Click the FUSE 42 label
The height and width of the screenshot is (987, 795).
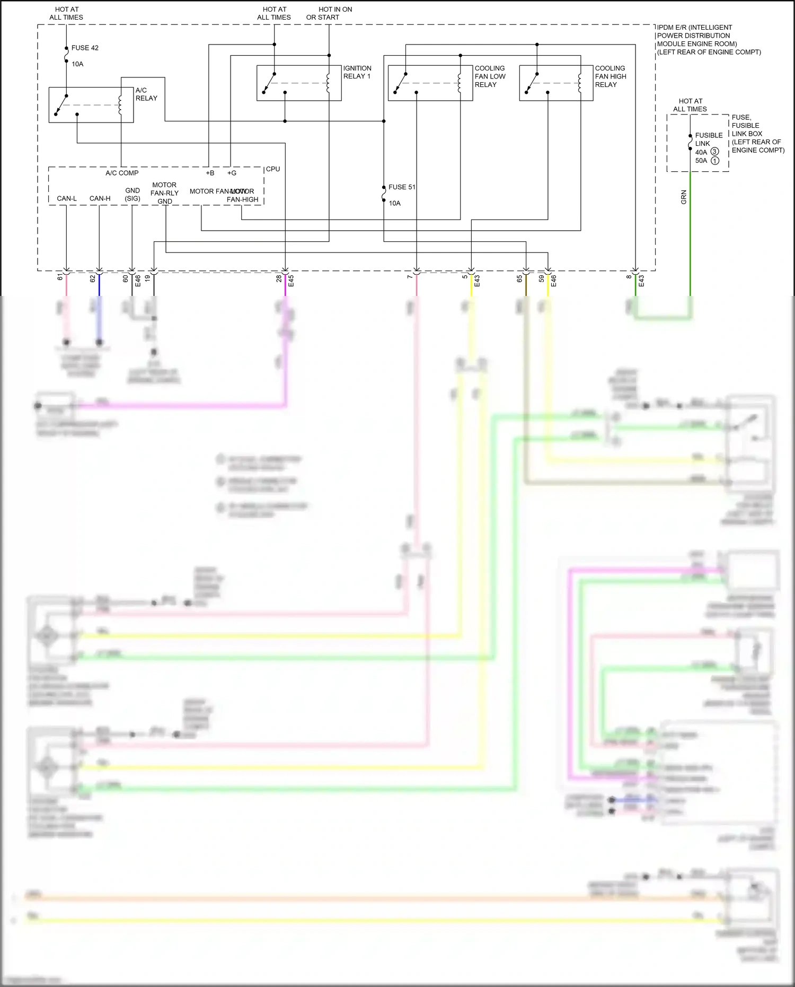pos(85,48)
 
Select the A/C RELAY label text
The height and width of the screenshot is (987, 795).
pos(146,94)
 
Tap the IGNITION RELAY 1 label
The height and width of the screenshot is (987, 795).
pos(357,72)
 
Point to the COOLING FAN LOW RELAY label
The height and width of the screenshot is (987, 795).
pos(490,76)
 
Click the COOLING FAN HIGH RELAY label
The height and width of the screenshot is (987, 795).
pos(610,76)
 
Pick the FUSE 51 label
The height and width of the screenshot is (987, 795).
pos(402,187)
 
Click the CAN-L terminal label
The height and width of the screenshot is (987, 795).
pos(67,198)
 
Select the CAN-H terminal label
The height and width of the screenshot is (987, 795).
pos(100,198)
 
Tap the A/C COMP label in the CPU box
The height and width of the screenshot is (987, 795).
pos(122,173)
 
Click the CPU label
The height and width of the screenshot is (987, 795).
pos(273,169)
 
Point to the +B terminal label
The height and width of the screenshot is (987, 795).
pos(210,173)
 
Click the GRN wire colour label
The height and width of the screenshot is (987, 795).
pos(684,197)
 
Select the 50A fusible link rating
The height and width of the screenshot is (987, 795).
pos(701,161)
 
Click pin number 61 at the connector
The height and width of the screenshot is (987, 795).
pos(60,277)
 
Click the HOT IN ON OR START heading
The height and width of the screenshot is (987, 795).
pos(329,13)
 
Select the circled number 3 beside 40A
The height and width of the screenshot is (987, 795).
pos(714,152)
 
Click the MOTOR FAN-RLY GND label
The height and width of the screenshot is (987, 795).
pos(164,193)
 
